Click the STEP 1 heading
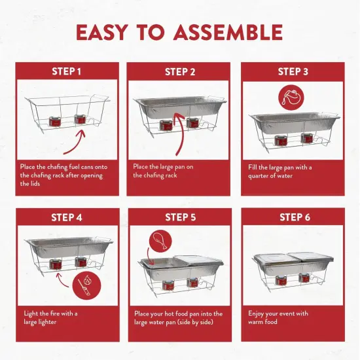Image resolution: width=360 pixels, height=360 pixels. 67,71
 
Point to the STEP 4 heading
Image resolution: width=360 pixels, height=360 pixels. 67,217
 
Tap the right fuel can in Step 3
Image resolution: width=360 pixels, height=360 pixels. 304,139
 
